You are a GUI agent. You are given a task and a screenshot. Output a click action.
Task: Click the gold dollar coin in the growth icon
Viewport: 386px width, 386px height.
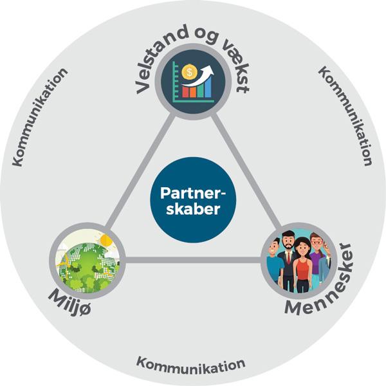tap(188, 72)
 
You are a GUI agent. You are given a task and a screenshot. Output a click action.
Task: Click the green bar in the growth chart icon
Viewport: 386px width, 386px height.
tap(199, 89)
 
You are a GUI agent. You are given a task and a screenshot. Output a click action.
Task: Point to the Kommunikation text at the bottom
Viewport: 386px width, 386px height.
tap(190, 363)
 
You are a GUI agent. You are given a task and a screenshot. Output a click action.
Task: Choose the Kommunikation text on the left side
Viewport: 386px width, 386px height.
tap(39, 116)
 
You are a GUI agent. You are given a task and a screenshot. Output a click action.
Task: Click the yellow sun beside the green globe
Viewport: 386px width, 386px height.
tap(105, 243)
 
